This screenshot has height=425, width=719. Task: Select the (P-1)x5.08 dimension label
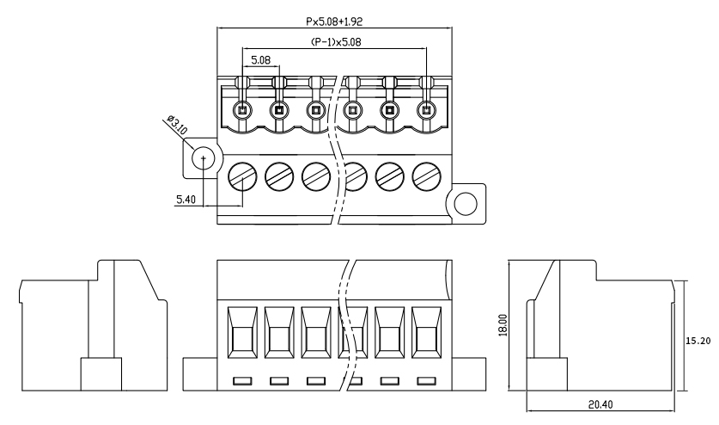(x=333, y=41)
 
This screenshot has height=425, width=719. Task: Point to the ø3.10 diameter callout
(x=177, y=129)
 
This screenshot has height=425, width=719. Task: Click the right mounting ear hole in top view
(x=465, y=203)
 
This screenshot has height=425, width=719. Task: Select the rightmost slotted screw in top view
(x=426, y=176)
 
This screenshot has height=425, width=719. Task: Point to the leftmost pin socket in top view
(x=241, y=110)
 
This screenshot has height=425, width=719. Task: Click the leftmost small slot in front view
(x=241, y=380)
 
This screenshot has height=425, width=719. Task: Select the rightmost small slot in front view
(x=426, y=380)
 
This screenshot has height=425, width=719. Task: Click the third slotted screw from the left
(x=315, y=176)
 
